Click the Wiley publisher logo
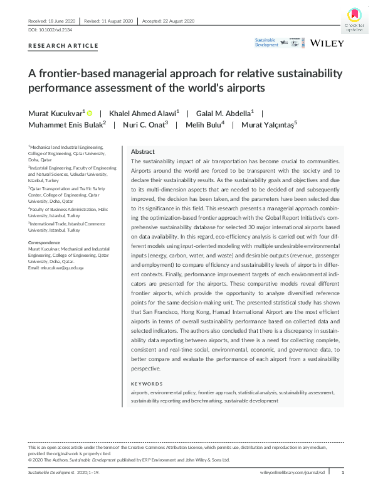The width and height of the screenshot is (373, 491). pos(326,43)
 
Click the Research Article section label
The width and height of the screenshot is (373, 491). pos(63,46)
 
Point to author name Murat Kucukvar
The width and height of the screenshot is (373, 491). pos(56,113)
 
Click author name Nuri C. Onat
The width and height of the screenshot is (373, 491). pos(145,124)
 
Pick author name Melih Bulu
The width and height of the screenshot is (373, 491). pos(203,124)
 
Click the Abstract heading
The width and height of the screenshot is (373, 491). pos(142,152)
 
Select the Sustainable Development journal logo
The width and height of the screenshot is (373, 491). pos(266,43)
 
